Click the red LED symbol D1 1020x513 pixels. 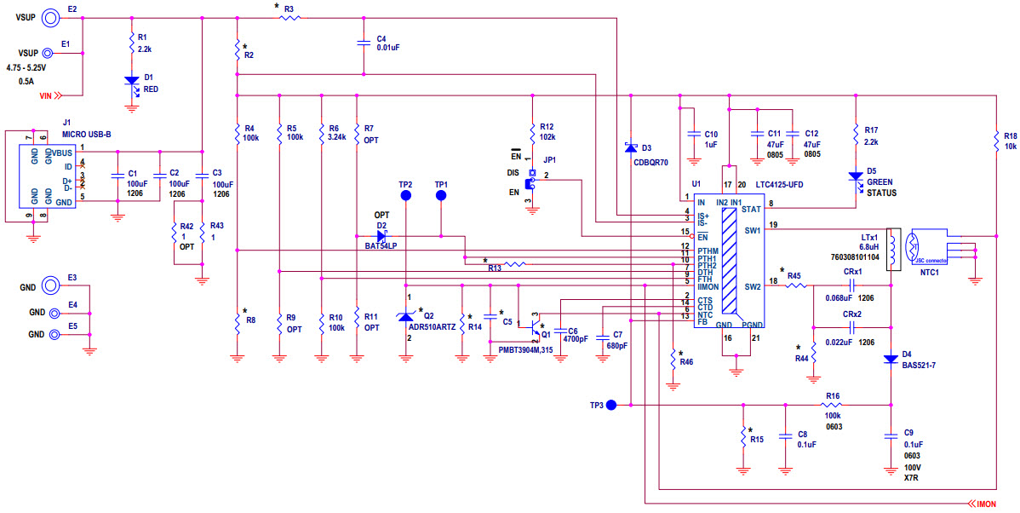[x=131, y=81]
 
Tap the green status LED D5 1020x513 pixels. [x=855, y=176]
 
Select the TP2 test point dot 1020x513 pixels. [x=406, y=196]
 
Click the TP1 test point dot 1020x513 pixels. [x=441, y=196]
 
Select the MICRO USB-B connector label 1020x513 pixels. [x=87, y=134]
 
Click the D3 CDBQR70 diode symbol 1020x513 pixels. [x=630, y=148]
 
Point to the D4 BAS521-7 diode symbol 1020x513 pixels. [x=890, y=358]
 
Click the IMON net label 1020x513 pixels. [x=984, y=504]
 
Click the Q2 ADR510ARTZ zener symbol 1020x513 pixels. [x=406, y=317]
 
